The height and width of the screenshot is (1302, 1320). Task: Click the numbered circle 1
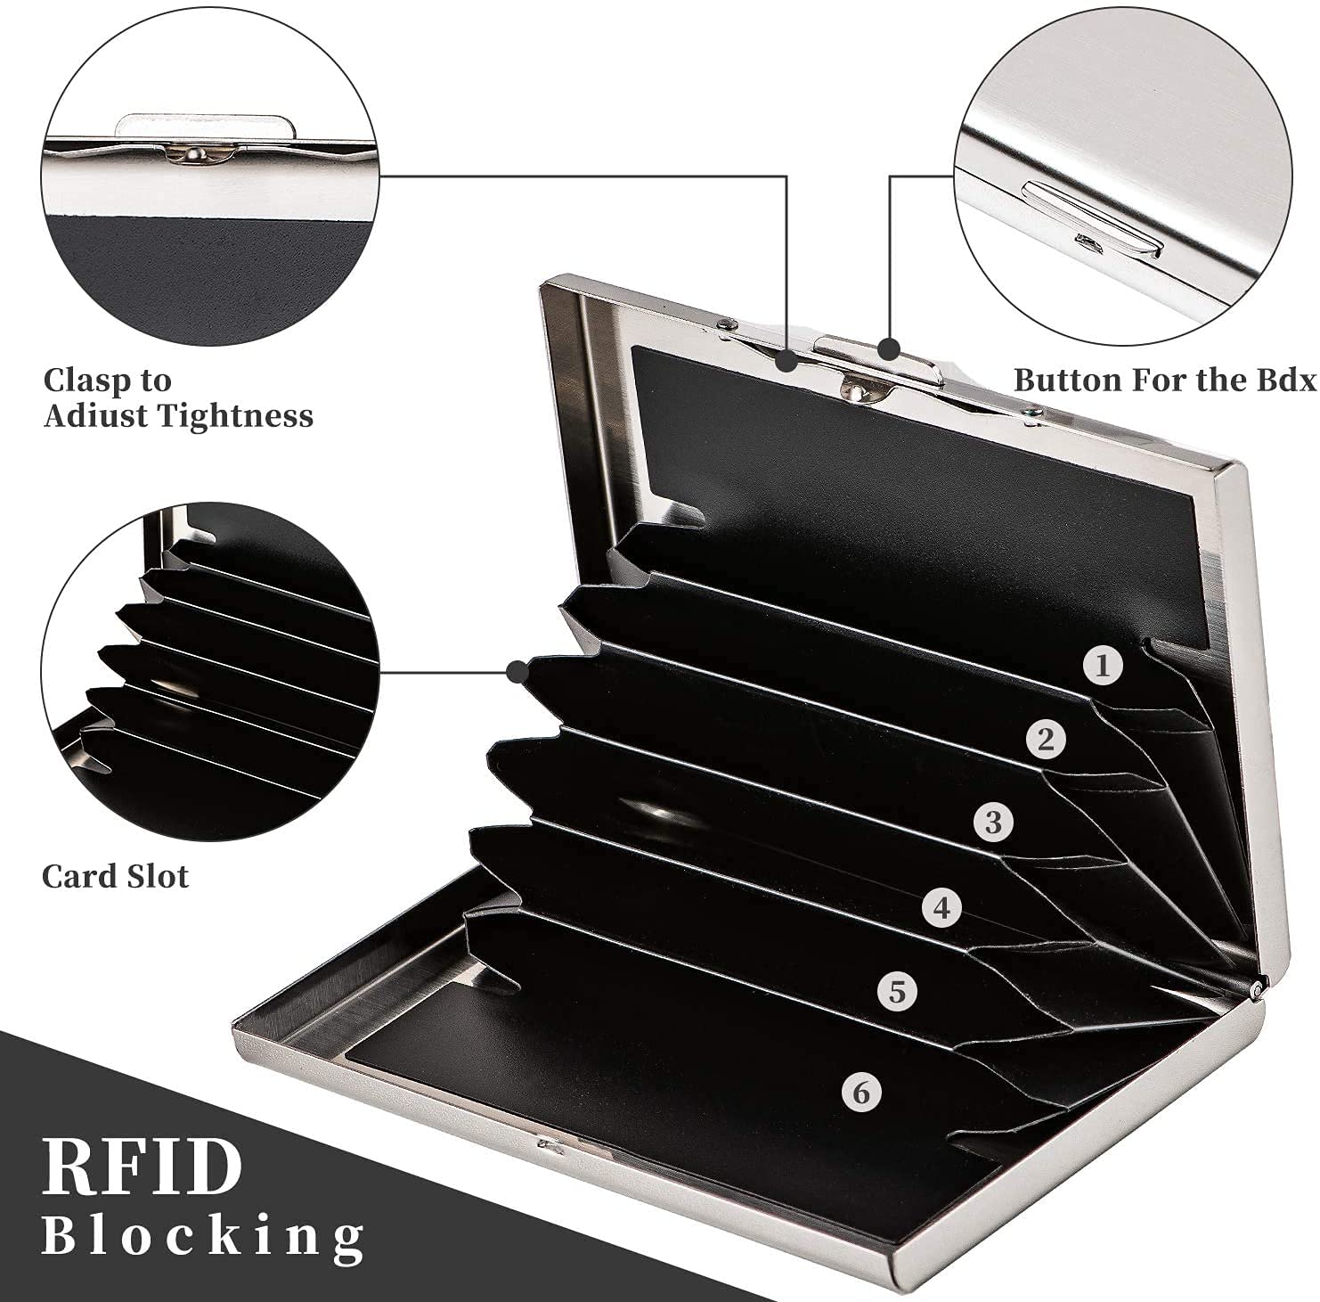(1103, 666)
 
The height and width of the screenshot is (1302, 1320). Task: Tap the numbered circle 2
(1046, 740)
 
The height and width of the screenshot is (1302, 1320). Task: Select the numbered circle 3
(993, 822)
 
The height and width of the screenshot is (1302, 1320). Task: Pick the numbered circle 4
(942, 908)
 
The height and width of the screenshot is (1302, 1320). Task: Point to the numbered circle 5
(897, 991)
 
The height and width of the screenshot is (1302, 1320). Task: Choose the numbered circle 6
(860, 1093)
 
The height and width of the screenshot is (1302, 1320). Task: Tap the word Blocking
(203, 1236)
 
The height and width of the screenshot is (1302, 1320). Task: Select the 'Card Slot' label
(115, 877)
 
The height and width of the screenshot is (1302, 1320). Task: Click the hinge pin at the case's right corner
(1258, 987)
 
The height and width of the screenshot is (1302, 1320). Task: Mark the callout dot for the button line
(888, 348)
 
